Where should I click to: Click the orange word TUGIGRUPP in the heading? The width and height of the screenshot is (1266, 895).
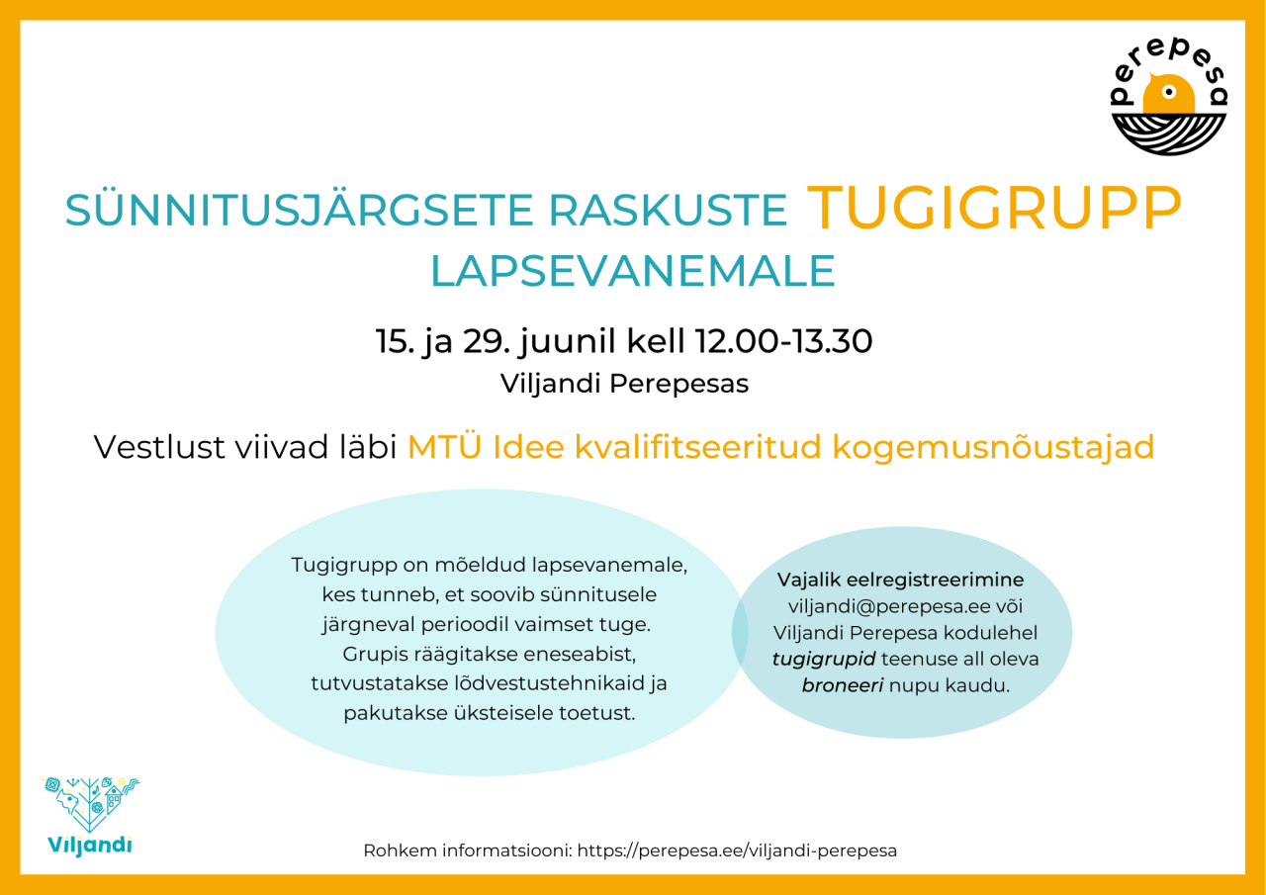pyautogui.click(x=994, y=208)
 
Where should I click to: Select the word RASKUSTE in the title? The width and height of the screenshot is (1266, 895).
pyautogui.click(x=668, y=211)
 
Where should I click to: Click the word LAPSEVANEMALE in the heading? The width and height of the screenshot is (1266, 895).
pyautogui.click(x=632, y=271)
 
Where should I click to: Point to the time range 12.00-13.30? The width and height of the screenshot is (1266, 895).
pyautogui.click(x=783, y=341)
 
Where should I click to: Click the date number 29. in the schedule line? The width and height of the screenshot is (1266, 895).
pyautogui.click(x=487, y=341)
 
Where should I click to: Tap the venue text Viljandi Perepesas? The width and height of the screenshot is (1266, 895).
pyautogui.click(x=624, y=384)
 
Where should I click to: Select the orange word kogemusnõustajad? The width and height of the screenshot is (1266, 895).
pyautogui.click(x=993, y=447)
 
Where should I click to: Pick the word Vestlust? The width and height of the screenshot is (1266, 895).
pyautogui.click(x=159, y=447)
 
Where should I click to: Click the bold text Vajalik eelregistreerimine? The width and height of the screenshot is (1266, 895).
pyautogui.click(x=900, y=580)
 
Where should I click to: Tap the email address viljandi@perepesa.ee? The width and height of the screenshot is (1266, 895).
pyautogui.click(x=889, y=606)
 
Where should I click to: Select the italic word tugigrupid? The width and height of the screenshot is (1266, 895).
pyautogui.click(x=824, y=659)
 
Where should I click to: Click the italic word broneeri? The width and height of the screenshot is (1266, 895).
pyautogui.click(x=842, y=685)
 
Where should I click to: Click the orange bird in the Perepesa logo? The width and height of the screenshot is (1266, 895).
pyautogui.click(x=1168, y=94)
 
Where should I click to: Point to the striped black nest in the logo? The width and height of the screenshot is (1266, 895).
pyautogui.click(x=1169, y=134)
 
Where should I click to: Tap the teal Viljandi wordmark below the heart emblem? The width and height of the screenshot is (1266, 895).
pyautogui.click(x=90, y=845)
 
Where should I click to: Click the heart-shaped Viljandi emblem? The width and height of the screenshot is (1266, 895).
pyautogui.click(x=90, y=803)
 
